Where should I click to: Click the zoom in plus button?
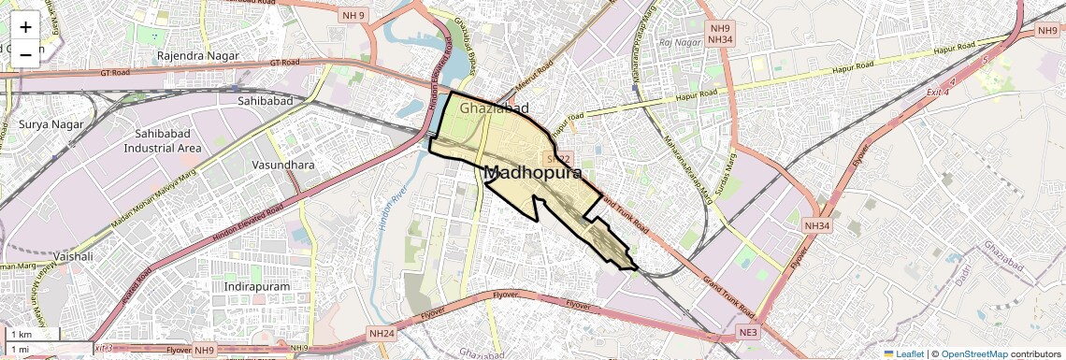25,27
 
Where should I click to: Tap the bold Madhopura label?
533,173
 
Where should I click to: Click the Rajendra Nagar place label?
198,56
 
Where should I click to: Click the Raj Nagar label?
679,42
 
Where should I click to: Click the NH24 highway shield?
382,333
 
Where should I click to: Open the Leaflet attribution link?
905,353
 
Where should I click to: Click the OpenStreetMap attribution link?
974,353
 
